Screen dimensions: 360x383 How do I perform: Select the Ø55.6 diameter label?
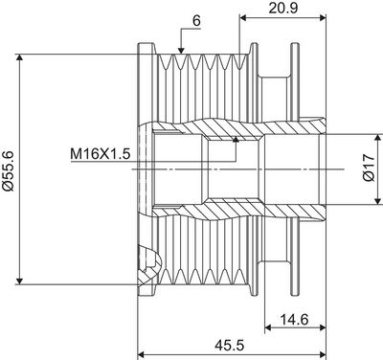(x=9, y=169)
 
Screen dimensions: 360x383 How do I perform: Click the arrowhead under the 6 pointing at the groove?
(x=180, y=48)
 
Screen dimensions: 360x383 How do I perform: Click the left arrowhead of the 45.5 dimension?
(x=144, y=350)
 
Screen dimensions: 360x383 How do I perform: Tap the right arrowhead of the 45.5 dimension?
(x=324, y=350)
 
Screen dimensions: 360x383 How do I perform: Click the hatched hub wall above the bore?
(x=230, y=125)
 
